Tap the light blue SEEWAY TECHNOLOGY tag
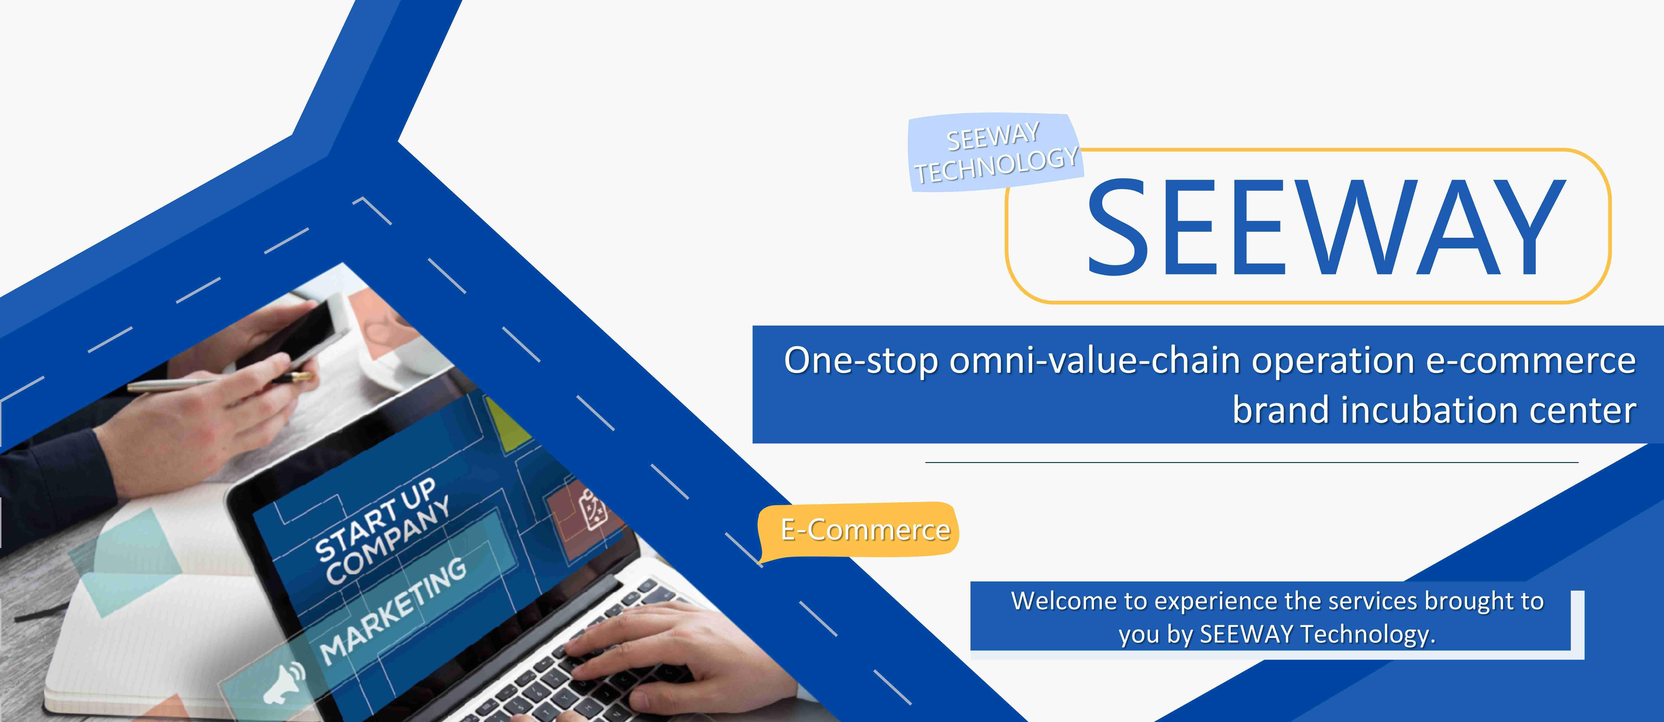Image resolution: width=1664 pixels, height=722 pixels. click(x=995, y=153)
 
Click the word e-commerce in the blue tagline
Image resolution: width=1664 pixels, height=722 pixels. click(x=1531, y=361)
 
